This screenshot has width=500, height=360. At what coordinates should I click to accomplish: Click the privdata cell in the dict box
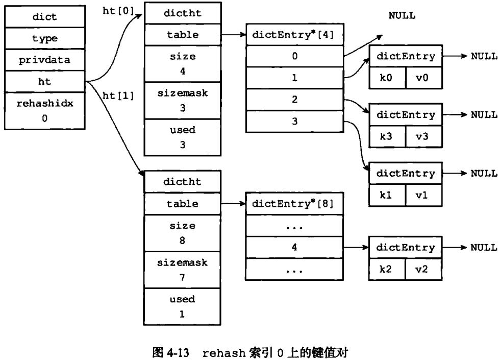[44, 60]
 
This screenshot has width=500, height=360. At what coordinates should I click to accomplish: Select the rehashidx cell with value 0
[44, 110]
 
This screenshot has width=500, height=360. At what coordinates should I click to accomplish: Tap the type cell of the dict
[44, 38]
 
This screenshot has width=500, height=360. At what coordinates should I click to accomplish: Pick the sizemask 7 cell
[183, 270]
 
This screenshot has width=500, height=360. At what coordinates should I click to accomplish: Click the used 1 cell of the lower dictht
[183, 306]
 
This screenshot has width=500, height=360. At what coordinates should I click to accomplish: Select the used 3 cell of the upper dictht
[183, 137]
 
